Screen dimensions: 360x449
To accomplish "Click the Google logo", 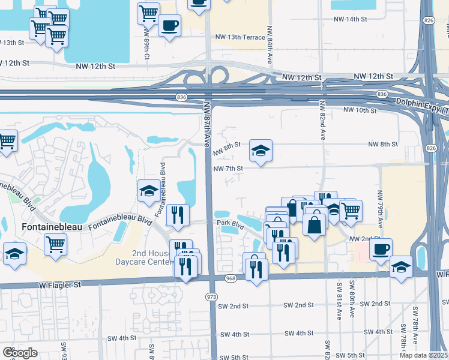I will tap(20, 352).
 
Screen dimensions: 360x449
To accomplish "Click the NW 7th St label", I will tap(228, 169).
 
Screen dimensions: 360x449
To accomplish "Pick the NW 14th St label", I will tap(350, 19).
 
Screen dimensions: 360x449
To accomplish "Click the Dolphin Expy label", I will tap(421, 106).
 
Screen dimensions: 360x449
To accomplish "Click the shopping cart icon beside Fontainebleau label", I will tap(56, 244).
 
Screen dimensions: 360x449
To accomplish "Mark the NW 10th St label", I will tap(360, 110).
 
